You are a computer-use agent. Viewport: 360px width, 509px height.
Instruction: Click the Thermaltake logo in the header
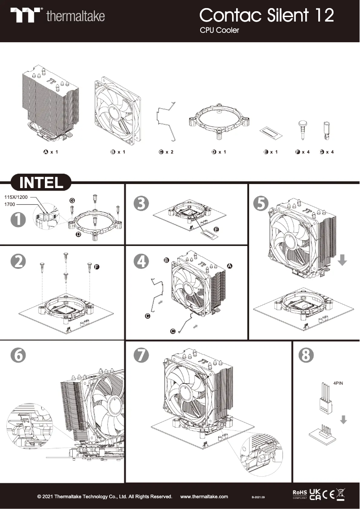58,16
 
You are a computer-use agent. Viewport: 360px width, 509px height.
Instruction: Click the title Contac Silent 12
267,16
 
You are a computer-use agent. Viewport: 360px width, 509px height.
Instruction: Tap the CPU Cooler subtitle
219,31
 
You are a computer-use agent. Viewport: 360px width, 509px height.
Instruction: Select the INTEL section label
41,183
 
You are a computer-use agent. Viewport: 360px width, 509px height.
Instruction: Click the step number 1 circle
19,220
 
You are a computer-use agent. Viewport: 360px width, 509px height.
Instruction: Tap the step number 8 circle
307,355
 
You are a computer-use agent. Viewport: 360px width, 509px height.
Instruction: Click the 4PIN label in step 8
338,384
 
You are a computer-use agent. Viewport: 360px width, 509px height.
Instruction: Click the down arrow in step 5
342,260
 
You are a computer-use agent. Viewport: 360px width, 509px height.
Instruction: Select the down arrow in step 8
343,420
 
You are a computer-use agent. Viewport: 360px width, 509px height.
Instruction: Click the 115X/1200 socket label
16,197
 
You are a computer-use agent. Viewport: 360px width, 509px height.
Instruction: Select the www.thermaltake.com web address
204,496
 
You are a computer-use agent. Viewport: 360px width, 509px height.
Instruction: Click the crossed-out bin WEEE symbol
342,495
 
